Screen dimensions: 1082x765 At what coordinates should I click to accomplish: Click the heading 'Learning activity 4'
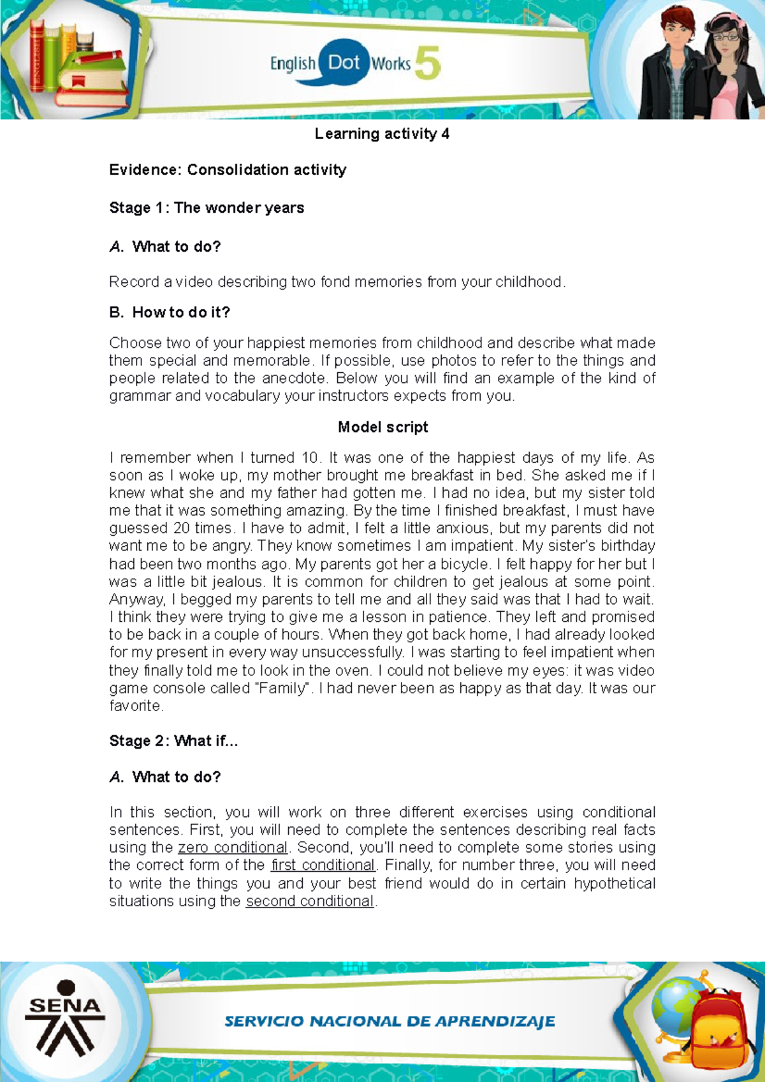pyautogui.click(x=382, y=134)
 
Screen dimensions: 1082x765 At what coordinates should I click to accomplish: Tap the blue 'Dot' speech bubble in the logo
pyautogui.click(x=344, y=62)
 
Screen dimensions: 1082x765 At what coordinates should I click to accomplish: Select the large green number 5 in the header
pyautogui.click(x=428, y=64)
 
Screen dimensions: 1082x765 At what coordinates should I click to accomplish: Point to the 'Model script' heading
pyautogui.click(x=382, y=427)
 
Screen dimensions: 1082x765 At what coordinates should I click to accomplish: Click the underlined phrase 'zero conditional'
pyautogui.click(x=233, y=848)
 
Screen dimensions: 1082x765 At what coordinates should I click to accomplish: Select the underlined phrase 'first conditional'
pyautogui.click(x=323, y=865)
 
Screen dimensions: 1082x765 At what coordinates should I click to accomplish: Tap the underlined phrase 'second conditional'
pyautogui.click(x=310, y=901)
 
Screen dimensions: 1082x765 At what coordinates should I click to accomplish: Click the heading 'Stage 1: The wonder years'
pyautogui.click(x=207, y=208)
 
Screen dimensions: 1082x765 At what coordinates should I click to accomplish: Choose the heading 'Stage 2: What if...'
pyautogui.click(x=173, y=740)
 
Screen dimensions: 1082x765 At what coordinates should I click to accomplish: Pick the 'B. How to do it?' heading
pyautogui.click(x=170, y=312)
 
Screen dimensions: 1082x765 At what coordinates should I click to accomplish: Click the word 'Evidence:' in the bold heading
pyautogui.click(x=146, y=170)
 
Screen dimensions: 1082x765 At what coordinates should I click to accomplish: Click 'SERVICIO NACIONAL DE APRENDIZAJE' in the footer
pyautogui.click(x=390, y=1021)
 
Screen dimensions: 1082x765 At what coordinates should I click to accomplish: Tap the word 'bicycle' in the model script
pyautogui.click(x=465, y=564)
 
